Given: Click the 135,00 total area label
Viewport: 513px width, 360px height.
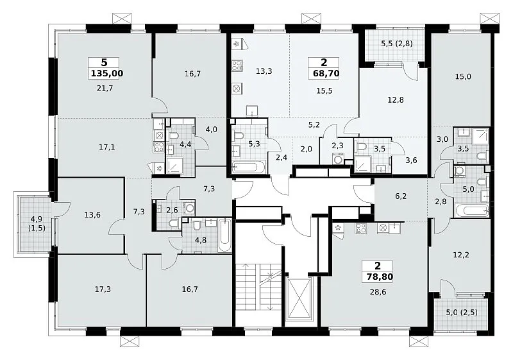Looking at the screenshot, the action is point(106,73).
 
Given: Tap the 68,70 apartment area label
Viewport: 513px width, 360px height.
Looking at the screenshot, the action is point(326,73).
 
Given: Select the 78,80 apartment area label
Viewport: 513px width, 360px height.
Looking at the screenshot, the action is point(380,277).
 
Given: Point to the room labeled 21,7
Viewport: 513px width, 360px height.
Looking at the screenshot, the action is point(105,88).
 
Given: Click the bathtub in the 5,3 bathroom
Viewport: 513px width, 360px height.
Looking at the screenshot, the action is point(248,167).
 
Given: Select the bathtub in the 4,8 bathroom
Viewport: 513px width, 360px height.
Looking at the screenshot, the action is point(224,236).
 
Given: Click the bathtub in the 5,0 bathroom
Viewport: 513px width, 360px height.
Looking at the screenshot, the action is point(471,210).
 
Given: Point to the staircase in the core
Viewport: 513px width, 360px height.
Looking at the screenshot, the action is point(258,287).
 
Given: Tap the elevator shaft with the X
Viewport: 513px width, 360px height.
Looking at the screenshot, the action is point(299,298).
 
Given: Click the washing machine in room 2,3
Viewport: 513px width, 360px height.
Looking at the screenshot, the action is point(337,159).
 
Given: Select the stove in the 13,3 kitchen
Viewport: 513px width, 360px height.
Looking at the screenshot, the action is point(237,65).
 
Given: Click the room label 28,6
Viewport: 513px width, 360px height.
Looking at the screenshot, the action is point(378,292).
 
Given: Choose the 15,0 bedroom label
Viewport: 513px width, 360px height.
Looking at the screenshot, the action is point(463,76).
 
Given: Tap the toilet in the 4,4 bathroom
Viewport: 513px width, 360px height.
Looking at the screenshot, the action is point(173,135).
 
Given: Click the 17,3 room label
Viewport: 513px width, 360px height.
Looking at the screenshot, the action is point(103,289).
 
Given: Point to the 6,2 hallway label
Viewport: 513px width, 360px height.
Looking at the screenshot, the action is point(400,196).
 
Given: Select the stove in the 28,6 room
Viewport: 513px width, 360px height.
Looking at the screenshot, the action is point(361,228).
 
